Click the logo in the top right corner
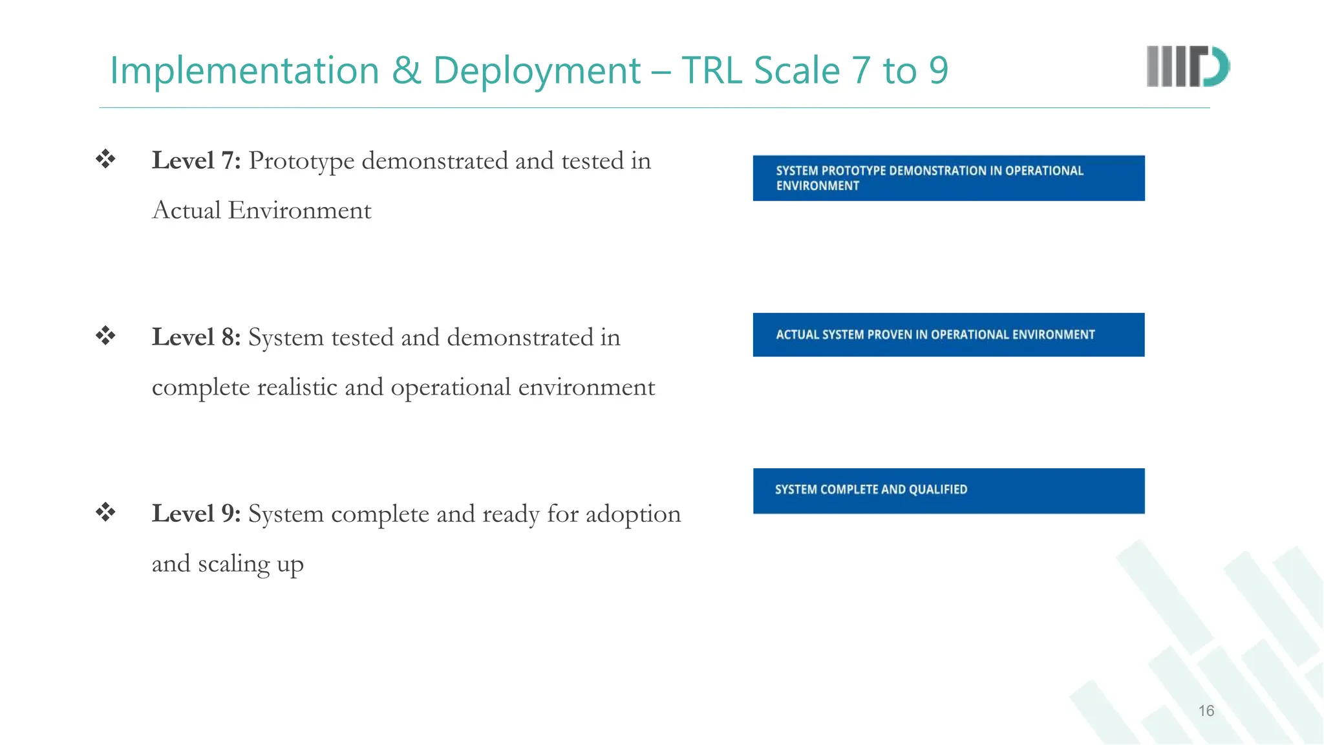tap(1188, 67)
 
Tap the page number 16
tap(1206, 711)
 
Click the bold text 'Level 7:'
tap(196, 161)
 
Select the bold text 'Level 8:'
tap(196, 338)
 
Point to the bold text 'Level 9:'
tap(196, 514)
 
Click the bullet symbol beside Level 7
tap(105, 159)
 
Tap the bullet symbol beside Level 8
tap(105, 336)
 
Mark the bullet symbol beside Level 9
tap(105, 512)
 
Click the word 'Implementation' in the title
tap(244, 70)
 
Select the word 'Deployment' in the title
tap(537, 70)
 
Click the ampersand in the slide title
tap(406, 70)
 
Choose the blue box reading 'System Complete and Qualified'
tap(948, 491)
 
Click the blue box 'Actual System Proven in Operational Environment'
tap(948, 335)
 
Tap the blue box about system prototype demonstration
tap(948, 178)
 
